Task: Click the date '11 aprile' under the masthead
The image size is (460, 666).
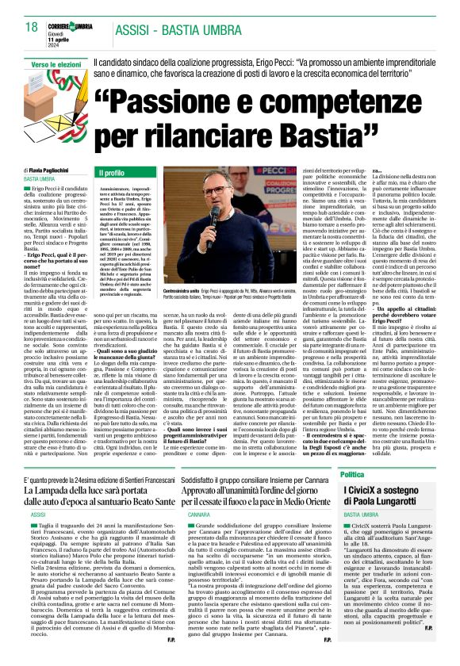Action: point(62,20)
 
